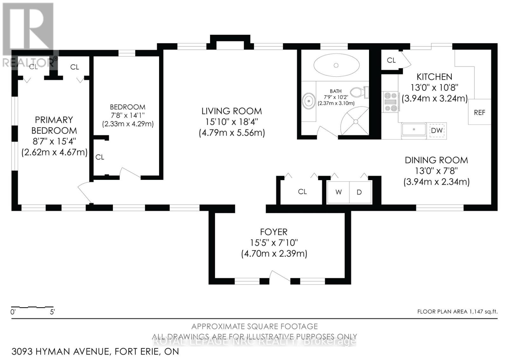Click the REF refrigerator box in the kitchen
pyautogui.click(x=479, y=112)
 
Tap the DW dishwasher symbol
pyautogui.click(x=437, y=131)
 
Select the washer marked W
pyautogui.click(x=338, y=192)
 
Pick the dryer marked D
pyautogui.click(x=359, y=192)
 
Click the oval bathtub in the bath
pyautogui.click(x=336, y=65)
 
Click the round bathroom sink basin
pyautogui.click(x=308, y=101)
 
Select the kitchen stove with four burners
pyautogui.click(x=391, y=102)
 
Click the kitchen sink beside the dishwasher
pyautogui.click(x=414, y=130)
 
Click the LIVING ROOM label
pyautogui.click(x=232, y=111)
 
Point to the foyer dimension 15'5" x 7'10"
pyautogui.click(x=274, y=243)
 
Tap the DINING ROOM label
pyautogui.click(x=436, y=160)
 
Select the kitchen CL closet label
pyautogui.click(x=391, y=60)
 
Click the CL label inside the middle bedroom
pyautogui.click(x=100, y=157)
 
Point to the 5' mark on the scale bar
pyautogui.click(x=52, y=312)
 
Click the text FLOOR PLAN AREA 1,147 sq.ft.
pyautogui.click(x=457, y=312)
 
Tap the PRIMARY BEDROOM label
pyautogui.click(x=54, y=125)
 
